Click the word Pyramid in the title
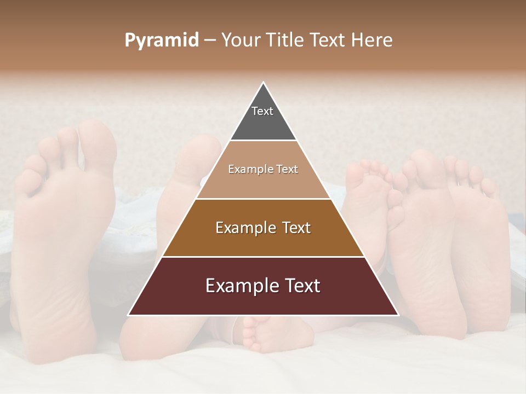point(162,40)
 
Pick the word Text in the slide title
point(329,40)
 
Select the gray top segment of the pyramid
point(263,118)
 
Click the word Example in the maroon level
point(239,286)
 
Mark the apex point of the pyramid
point(263,83)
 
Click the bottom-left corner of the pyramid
point(129,315)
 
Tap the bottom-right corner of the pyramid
point(398,315)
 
